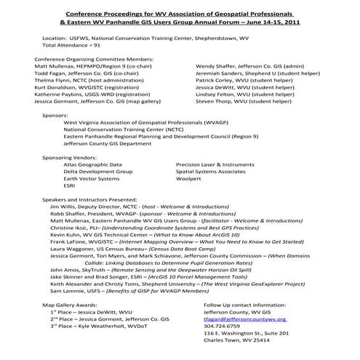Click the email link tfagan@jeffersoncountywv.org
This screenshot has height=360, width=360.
(x=244, y=319)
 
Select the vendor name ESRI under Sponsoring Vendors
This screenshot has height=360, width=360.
(x=70, y=185)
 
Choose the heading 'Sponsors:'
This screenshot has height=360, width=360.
(x=56, y=116)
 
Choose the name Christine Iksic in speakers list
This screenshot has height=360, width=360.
(x=74, y=228)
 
